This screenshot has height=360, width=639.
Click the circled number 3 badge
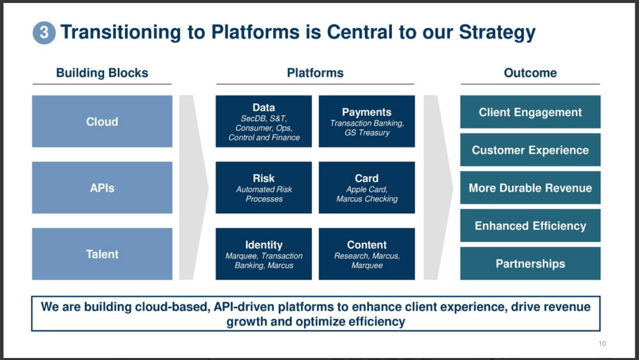pos(44,32)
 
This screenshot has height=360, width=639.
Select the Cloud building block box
pos(102,122)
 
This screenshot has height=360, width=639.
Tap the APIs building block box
pos(102,188)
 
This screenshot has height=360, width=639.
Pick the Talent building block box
pos(102,254)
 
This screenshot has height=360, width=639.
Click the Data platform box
pos(264,122)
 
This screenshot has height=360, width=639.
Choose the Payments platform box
pos(367,122)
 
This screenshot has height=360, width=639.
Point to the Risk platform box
pos(264,188)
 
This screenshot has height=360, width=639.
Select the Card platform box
pos(367,188)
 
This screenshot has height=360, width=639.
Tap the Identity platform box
pos(264,254)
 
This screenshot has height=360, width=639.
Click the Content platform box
pos(367,254)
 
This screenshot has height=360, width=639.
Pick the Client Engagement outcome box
pos(530,112)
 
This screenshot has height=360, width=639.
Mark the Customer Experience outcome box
pos(530,150)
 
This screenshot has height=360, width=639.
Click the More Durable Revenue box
pos(530,188)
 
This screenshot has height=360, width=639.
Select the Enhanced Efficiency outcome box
pos(530,226)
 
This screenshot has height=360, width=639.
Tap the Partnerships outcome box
pos(530,263)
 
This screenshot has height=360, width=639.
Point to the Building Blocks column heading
pos(102,73)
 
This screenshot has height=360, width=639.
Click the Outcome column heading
pos(530,73)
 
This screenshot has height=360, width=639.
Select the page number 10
pos(602,344)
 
